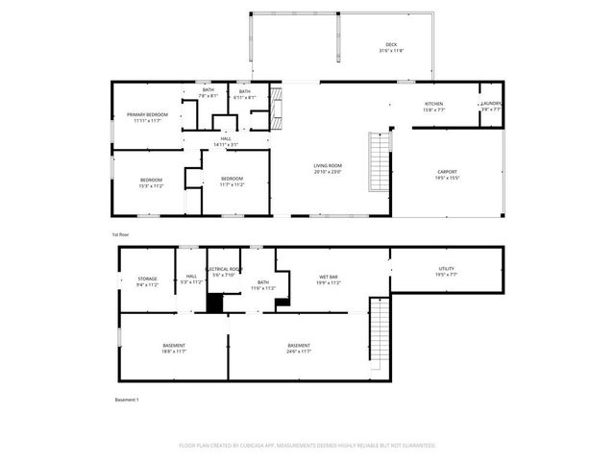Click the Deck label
point(391,46)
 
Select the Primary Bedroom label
point(147,117)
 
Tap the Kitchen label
point(434,106)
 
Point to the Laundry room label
point(491,106)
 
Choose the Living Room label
point(328,168)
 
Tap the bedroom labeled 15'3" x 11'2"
point(151,182)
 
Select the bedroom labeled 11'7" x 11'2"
point(232,182)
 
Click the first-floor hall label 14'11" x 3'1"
point(226,141)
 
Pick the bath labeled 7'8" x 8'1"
point(208,93)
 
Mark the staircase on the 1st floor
point(381,160)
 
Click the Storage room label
point(147,280)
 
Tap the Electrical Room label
point(222,272)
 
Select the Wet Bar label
point(329,280)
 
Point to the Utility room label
point(446,272)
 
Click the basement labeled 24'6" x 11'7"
point(299,348)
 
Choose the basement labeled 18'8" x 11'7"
point(174,348)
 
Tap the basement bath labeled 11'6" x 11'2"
point(263,285)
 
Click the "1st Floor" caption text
point(120,233)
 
